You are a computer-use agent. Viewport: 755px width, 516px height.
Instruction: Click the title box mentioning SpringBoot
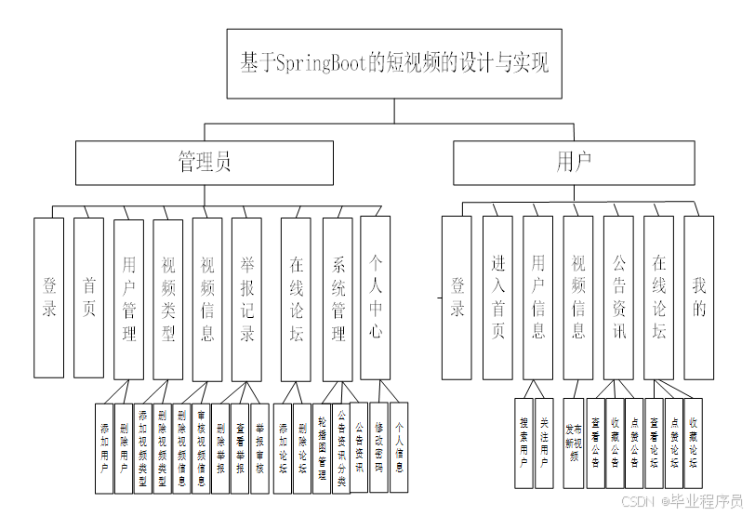click(394, 63)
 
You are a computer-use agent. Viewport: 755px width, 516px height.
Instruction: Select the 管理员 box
click(205, 163)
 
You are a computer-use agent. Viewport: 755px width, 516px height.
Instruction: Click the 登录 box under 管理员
click(48, 298)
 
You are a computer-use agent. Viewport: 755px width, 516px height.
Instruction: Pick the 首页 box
click(88, 298)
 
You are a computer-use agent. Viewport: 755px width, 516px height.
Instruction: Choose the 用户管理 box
click(128, 298)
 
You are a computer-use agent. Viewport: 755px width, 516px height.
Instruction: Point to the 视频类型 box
click(168, 298)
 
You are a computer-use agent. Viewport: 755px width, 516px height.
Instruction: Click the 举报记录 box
click(247, 298)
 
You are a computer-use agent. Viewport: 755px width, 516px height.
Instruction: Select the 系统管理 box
click(338, 298)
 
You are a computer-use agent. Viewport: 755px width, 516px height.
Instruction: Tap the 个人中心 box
click(375, 298)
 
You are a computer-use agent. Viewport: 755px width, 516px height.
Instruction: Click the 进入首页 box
click(497, 298)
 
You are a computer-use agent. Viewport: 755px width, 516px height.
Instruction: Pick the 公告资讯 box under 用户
click(618, 298)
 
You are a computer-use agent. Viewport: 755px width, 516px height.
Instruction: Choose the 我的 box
click(698, 298)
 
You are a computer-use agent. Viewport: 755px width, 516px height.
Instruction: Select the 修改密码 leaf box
click(378, 446)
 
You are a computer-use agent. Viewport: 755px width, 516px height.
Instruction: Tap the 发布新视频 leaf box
click(575, 443)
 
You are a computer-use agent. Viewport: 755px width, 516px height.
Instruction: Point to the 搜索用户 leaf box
click(524, 443)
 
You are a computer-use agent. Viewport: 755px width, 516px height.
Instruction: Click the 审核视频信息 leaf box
click(201, 446)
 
